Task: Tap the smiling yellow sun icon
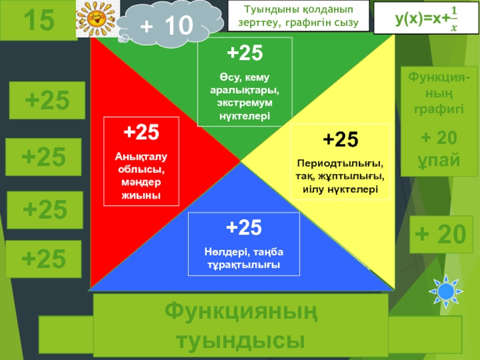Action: [95, 19]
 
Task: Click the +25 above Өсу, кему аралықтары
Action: [244, 54]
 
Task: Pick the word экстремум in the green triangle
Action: [244, 103]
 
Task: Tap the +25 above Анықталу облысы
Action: [141, 131]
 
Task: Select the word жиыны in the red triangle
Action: [141, 195]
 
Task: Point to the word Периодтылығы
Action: [340, 164]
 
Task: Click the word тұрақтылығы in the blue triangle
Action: [244, 264]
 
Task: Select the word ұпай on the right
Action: [439, 160]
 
